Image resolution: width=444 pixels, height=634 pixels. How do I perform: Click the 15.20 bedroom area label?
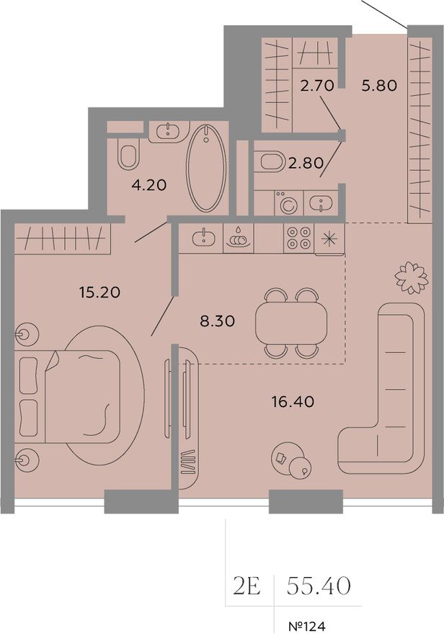coord(100,292)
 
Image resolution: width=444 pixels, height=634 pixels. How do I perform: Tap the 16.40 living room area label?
coord(293,401)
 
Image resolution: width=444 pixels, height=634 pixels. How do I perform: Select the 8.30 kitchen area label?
coord(217,321)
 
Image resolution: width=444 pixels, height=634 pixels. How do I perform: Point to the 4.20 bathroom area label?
coord(149,184)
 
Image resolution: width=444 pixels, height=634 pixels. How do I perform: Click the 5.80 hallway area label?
coord(379,85)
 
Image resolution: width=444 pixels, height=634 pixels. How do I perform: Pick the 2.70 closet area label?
coord(317,85)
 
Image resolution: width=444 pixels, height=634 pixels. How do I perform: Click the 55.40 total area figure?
coord(319,586)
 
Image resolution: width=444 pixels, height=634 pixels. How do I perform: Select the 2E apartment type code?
coord(247,586)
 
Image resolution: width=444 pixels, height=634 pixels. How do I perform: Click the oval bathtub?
coord(206,167)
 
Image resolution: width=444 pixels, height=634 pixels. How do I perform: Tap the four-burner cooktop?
coord(299,238)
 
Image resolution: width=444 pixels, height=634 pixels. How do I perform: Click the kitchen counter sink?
coord(203,237)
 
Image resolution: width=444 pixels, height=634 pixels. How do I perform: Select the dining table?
coord(291,323)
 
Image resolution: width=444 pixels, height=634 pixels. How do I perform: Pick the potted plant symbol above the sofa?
coord(412,278)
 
